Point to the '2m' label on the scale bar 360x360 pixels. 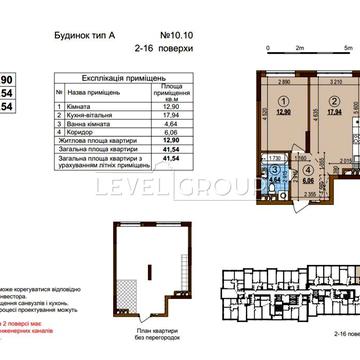(x=300, y=48)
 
